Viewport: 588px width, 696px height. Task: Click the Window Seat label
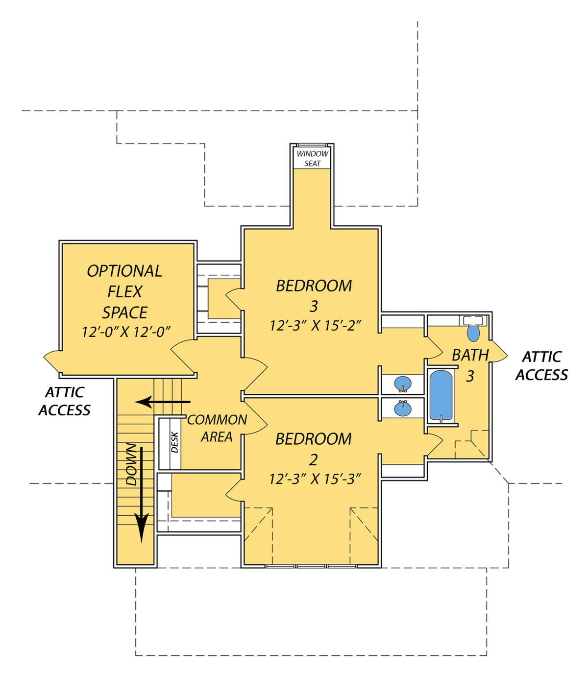click(x=313, y=159)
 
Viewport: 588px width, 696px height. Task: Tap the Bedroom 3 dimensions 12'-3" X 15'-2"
click(x=315, y=325)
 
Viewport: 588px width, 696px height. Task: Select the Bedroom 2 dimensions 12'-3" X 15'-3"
click(x=315, y=479)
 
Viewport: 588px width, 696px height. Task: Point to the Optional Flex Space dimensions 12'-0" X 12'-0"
click(x=126, y=332)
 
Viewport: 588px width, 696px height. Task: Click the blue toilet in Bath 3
click(x=473, y=334)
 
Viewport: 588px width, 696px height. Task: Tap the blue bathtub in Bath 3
click(x=441, y=395)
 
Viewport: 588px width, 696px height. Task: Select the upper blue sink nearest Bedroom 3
click(x=403, y=384)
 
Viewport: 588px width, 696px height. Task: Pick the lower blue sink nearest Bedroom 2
click(x=403, y=408)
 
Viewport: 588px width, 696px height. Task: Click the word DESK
click(x=174, y=442)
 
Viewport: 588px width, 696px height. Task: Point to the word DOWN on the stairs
click(x=131, y=464)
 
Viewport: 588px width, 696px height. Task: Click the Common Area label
click(x=217, y=429)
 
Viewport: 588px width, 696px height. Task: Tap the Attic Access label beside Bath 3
click(x=541, y=366)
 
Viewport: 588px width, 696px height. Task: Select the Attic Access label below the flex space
click(x=64, y=401)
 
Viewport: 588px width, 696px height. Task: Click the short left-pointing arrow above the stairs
click(x=163, y=402)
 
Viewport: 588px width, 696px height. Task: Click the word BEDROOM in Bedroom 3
click(x=314, y=286)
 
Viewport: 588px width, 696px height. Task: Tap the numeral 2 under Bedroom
click(x=313, y=460)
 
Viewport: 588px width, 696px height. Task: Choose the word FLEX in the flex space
click(x=125, y=291)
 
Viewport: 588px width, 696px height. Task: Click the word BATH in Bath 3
click(x=470, y=355)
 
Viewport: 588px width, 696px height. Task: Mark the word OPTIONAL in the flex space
click(x=124, y=271)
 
